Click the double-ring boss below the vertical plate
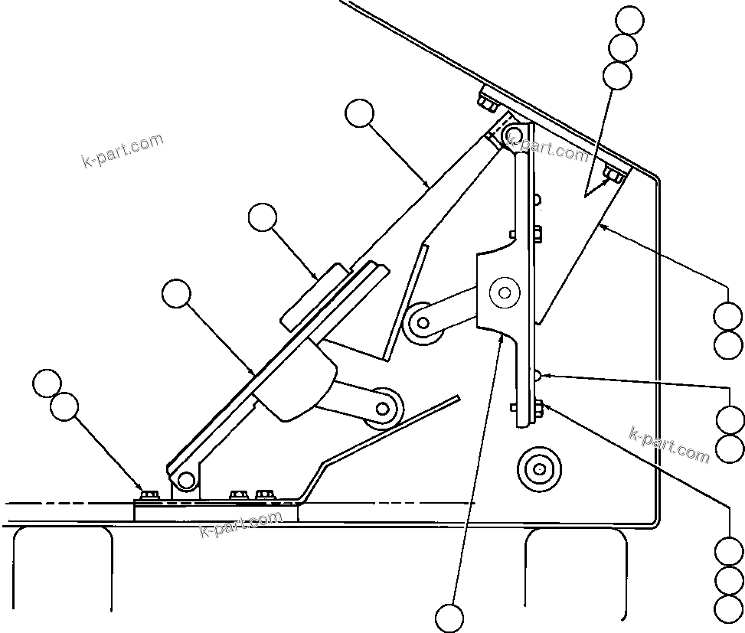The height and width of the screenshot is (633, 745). (539, 467)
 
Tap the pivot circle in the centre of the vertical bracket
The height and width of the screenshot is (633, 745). (504, 292)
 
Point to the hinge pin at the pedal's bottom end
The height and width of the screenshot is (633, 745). (185, 480)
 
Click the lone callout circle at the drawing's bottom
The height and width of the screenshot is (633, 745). (449, 618)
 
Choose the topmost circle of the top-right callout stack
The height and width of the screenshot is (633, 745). (630, 20)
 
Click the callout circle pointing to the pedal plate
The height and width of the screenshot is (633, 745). (177, 293)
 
